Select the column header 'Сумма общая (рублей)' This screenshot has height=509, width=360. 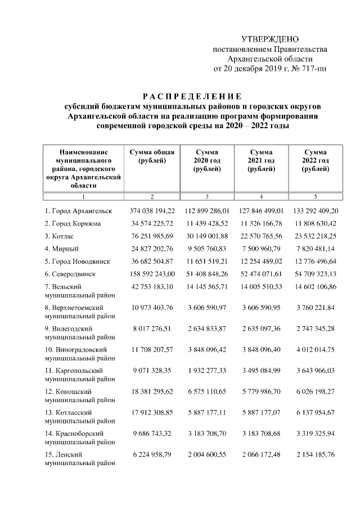(x=152, y=156)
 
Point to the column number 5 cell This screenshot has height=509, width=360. (x=314, y=196)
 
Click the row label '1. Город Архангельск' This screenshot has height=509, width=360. (x=79, y=211)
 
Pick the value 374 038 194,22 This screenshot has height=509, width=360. (x=152, y=211)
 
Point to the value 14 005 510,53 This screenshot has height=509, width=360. (x=261, y=286)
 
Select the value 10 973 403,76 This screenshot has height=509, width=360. (x=152, y=307)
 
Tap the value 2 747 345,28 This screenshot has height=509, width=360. (x=314, y=328)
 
